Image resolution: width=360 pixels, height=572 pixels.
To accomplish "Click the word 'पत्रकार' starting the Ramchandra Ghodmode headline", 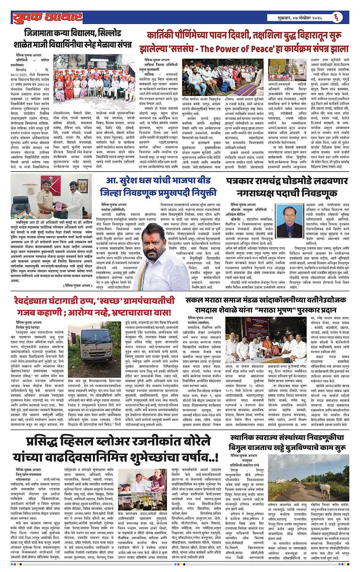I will coord(242,180).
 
